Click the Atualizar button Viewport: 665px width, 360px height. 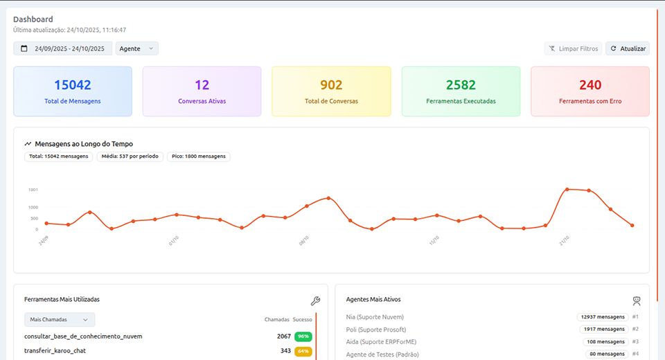click(x=627, y=48)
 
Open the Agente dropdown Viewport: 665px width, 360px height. click(x=137, y=48)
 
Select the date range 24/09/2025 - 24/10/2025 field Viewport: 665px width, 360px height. click(x=63, y=48)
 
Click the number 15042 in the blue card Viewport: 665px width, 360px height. click(x=73, y=85)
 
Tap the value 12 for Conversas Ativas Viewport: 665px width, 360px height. click(x=202, y=85)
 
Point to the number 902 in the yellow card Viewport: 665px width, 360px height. click(x=331, y=85)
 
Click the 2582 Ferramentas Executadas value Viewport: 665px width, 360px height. click(x=461, y=85)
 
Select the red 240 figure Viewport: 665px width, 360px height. click(x=590, y=85)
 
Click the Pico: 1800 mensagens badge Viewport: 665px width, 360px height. click(x=199, y=156)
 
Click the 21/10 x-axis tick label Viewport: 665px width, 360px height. click(x=565, y=240)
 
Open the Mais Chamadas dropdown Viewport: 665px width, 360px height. click(x=60, y=319)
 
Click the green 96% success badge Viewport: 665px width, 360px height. click(x=303, y=336)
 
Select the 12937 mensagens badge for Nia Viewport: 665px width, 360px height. click(x=602, y=316)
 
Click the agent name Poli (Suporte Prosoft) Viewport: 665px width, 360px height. click(x=376, y=329)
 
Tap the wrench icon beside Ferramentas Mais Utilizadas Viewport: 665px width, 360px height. click(x=315, y=300)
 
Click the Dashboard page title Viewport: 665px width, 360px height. click(x=33, y=19)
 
